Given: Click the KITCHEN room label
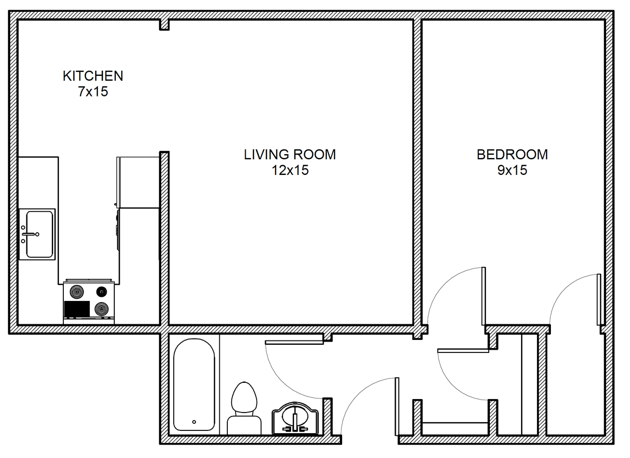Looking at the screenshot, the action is point(93,76).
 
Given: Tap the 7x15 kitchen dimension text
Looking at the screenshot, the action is point(93,91).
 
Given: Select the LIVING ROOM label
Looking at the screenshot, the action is point(290,154).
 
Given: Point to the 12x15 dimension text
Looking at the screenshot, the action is point(290,170).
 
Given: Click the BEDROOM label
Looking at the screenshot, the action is point(512,154).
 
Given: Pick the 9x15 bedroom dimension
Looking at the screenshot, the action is point(512,170).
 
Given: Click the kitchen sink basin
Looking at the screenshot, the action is point(40,234).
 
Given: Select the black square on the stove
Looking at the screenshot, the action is point(77,309).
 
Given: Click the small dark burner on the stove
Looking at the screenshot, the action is point(102,291).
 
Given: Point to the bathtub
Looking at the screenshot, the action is point(194,385).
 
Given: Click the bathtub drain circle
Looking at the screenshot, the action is point(194,422).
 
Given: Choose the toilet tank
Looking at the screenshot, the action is point(244,425).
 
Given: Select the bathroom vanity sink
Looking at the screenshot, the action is point(296,418).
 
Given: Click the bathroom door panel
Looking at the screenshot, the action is point(294,342).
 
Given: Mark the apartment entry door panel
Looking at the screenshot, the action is point(397,406).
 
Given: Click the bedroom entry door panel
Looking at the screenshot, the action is point(483,296).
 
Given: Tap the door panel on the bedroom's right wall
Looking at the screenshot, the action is point(599,299).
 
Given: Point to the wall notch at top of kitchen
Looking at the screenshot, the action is point(165,25).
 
